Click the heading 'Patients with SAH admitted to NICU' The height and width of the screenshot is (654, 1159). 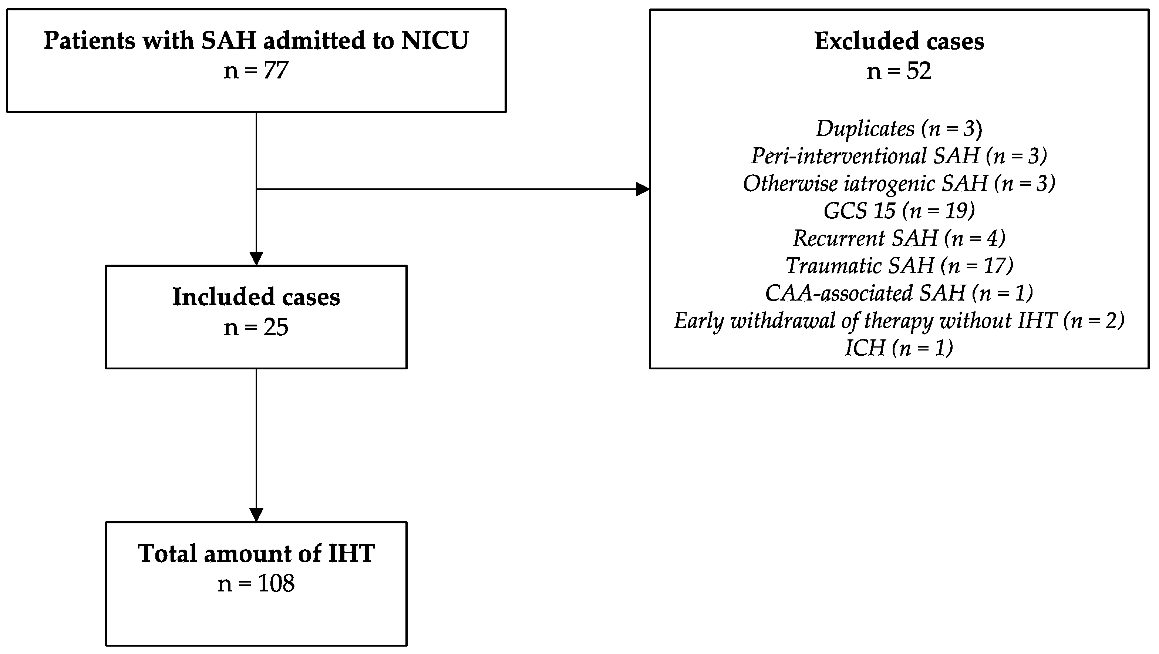tap(256, 40)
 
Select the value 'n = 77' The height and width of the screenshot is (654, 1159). tap(256, 71)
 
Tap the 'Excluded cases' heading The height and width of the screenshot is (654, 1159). tap(899, 41)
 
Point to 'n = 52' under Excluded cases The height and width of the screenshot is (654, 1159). tap(899, 71)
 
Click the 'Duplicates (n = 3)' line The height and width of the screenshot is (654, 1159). tap(899, 129)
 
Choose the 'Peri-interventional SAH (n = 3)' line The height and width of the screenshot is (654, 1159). tap(899, 156)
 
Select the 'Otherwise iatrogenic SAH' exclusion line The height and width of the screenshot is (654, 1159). tap(899, 184)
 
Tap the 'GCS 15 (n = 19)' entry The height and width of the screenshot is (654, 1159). tap(899, 211)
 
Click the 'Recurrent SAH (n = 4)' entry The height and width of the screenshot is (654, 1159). tap(899, 238)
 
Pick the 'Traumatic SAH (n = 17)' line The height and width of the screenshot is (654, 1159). tap(899, 266)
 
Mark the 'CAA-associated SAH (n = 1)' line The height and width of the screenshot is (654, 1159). tap(899, 293)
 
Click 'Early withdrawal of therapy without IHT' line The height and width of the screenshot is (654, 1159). tap(899, 321)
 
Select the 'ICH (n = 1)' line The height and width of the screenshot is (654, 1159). tap(899, 348)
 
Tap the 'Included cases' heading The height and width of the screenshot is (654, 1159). tap(256, 297)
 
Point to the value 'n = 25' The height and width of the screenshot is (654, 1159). tap(256, 327)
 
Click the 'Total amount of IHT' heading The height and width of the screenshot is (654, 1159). tap(256, 553)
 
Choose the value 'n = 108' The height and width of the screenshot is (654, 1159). tap(256, 584)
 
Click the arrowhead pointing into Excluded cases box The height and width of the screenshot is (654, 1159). tap(643, 189)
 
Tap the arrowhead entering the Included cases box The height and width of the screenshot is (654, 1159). tap(256, 259)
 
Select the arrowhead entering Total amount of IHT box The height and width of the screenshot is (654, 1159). tap(256, 515)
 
